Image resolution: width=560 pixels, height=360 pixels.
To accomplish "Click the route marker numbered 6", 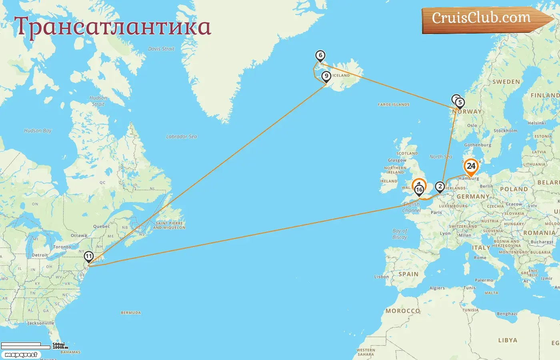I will pyautogui.click(x=320, y=56).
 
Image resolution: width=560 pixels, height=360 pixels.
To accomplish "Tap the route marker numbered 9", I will pyautogui.click(x=326, y=76).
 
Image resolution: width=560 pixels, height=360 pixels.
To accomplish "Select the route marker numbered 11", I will pyautogui.click(x=88, y=256).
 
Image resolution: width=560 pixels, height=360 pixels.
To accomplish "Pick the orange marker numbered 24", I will pyautogui.click(x=471, y=166).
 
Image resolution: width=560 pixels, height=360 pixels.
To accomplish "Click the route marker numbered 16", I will pyautogui.click(x=419, y=190).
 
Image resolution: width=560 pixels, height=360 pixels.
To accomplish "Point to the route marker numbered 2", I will pyautogui.click(x=440, y=186).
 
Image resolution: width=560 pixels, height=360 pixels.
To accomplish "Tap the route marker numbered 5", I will pyautogui.click(x=460, y=103).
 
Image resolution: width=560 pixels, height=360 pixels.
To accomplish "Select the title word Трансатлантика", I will pyautogui.click(x=112, y=27).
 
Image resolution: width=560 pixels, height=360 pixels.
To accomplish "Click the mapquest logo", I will pyautogui.click(x=21, y=355).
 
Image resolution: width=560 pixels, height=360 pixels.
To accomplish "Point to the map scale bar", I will pyautogui.click(x=26, y=346).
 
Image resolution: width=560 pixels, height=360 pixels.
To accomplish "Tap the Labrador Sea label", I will pyautogui.click(x=182, y=136).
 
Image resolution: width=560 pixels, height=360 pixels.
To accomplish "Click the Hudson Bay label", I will pyautogui.click(x=38, y=130).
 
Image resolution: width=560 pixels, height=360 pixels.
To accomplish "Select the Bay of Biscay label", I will pyautogui.click(x=400, y=234).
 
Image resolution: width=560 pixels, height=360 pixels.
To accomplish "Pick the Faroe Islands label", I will pyautogui.click(x=394, y=104).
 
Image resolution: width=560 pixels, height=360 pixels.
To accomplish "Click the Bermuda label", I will pyautogui.click(x=131, y=313).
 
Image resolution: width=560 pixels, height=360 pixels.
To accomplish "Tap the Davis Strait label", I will pyautogui.click(x=161, y=49).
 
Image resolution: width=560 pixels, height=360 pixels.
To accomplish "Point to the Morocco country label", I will pyautogui.click(x=403, y=311).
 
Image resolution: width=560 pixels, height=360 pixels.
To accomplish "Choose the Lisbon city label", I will pyautogui.click(x=381, y=276).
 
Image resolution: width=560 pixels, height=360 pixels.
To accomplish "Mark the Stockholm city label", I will pyautogui.click(x=505, y=131).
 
